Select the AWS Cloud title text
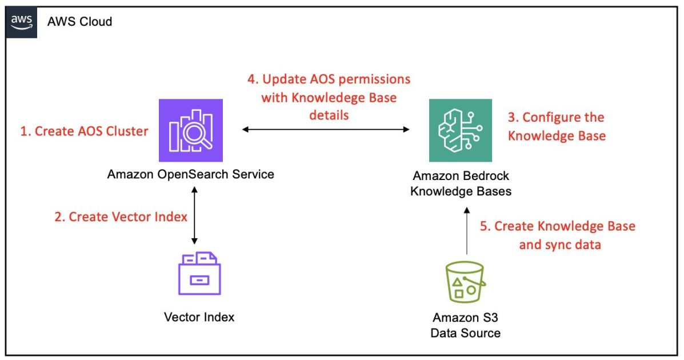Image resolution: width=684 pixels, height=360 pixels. [80, 22]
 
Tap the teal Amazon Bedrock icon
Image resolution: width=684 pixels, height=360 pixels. [460, 130]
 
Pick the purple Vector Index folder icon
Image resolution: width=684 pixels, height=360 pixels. [199, 273]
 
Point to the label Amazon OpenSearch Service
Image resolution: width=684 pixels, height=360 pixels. [190, 174]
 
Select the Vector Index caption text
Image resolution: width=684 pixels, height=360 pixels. [199, 317]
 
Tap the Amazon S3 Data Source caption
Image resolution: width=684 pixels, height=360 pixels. [466, 325]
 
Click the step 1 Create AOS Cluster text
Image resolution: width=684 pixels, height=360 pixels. [84, 131]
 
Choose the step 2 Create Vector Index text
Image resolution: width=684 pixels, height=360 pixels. [121, 217]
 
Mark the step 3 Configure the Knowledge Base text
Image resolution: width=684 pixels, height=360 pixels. [556, 126]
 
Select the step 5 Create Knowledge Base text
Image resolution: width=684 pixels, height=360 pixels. [557, 235]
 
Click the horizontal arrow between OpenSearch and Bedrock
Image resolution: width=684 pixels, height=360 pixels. [326, 130]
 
